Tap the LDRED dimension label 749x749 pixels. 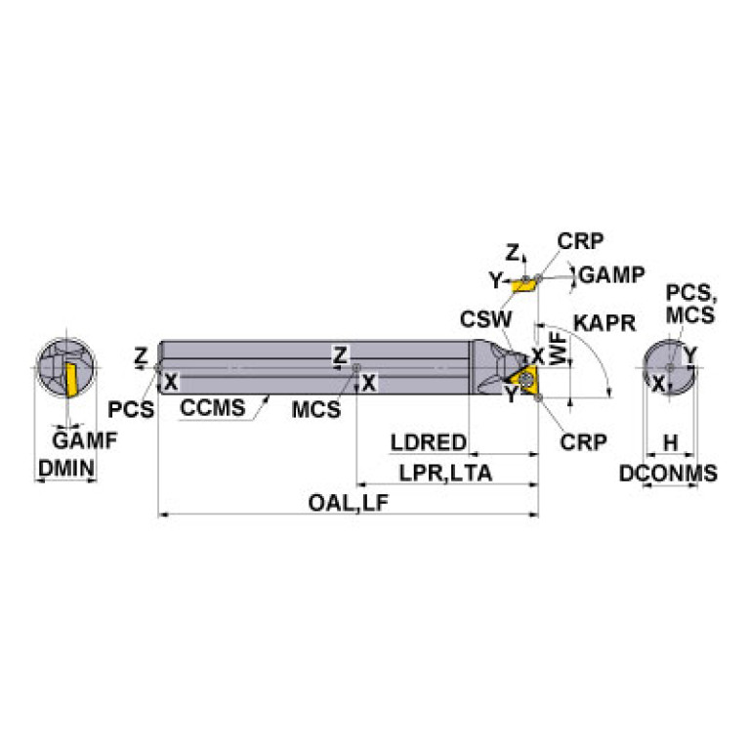tap(428, 443)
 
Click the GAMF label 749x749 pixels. tap(84, 440)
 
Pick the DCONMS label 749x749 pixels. tap(669, 474)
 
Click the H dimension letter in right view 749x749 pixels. tap(669, 443)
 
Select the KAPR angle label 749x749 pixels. tap(604, 321)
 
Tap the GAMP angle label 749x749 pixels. tap(611, 274)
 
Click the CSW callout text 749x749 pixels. tap(485, 318)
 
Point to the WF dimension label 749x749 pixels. tap(559, 349)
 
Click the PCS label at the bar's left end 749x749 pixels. tap(130, 409)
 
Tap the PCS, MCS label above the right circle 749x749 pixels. tap(689, 303)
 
